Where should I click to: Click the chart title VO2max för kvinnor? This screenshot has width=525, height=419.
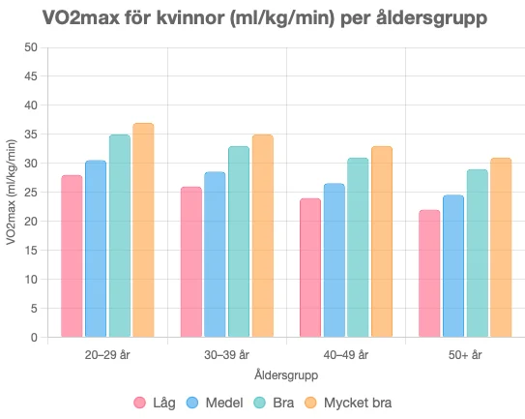[x=264, y=18]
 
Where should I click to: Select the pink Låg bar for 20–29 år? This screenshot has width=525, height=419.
[x=72, y=256]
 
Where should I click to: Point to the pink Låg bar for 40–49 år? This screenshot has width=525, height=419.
[x=310, y=268]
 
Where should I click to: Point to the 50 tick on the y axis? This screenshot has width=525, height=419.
[x=31, y=47]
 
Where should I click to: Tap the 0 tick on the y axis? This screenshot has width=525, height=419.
[x=34, y=338]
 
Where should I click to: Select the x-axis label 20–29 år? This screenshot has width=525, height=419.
[x=107, y=355]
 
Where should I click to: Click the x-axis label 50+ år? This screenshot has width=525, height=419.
[x=465, y=355]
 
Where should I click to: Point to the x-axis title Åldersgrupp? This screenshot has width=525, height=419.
[x=286, y=374]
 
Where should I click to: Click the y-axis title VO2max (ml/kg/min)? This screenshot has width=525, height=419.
[x=11, y=193]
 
